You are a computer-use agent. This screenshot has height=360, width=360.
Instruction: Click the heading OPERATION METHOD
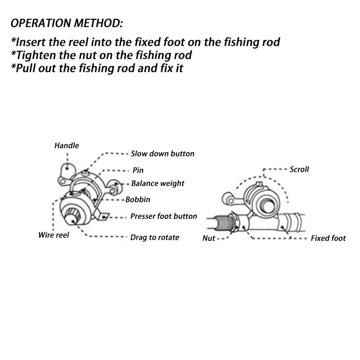66,22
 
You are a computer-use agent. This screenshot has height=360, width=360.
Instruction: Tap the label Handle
67,145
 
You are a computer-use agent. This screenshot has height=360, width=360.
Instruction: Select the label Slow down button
162,153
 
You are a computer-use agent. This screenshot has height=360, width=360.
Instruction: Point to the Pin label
138,171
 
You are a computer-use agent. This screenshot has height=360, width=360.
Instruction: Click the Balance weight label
157,184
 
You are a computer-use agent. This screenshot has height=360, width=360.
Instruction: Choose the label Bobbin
138,199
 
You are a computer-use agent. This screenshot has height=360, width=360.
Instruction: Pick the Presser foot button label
163,216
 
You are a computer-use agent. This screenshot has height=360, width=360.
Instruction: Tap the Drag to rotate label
154,237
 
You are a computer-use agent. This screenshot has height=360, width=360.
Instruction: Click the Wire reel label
54,235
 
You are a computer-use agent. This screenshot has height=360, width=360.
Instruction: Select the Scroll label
299,170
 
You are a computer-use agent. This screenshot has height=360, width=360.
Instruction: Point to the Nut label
209,238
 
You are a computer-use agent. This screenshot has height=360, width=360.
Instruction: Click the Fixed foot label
328,238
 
